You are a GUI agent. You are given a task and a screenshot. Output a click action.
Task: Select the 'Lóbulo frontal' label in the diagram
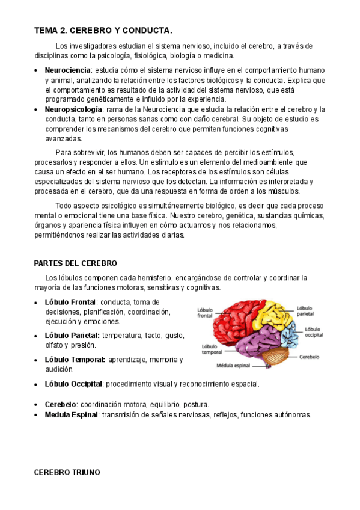coord(205,312)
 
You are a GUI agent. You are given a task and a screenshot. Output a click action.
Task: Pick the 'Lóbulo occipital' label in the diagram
coord(313,332)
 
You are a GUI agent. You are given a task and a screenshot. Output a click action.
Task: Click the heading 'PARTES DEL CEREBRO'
coord(76,263)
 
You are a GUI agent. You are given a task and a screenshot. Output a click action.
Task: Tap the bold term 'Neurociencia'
coord(68,70)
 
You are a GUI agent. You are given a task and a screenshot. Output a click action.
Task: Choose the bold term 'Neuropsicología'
coord(73,109)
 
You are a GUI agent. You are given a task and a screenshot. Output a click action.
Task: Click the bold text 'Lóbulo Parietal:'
coord(73,335)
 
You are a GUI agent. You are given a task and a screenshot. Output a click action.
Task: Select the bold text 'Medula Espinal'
coord(72,414)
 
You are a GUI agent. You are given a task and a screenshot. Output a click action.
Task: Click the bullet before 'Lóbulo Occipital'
coord(37,384)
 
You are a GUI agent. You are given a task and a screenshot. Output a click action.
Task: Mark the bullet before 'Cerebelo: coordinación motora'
coord(37,405)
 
